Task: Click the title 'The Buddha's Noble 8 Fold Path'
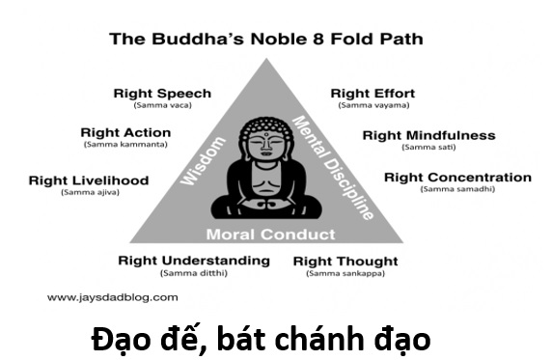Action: pos(265,40)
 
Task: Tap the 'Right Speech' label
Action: pos(162,94)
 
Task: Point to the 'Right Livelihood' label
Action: pos(89,180)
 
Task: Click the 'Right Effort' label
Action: pos(371,94)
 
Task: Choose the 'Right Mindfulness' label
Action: pos(428,135)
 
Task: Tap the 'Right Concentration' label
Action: pos(457,178)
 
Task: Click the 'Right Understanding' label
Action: pos(194,261)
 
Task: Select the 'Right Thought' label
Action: pos(345,262)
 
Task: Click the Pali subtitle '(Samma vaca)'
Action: pos(162,105)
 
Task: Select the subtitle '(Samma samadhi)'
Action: pos(457,189)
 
